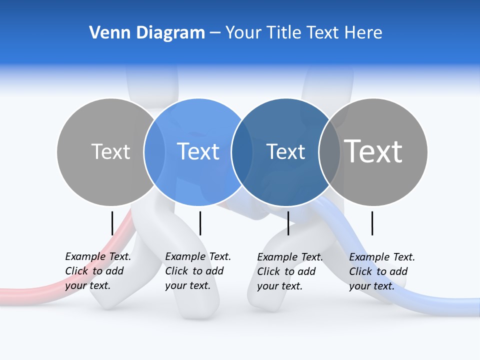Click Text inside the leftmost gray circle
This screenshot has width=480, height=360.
pos(110,151)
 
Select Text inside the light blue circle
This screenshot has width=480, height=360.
pos(198,151)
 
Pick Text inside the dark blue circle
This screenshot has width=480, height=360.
pos(285,151)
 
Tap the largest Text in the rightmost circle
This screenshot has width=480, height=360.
pos(373,151)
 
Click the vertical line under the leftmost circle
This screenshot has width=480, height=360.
pos(112,223)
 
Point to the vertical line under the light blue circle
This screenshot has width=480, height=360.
pos(200,223)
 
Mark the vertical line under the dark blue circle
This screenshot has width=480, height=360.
pos(288,223)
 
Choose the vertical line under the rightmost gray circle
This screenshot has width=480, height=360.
pos(372,223)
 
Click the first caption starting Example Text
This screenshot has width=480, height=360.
pos(98,271)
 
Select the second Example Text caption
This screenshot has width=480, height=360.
pos(198,271)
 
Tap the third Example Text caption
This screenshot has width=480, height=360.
pos(290,271)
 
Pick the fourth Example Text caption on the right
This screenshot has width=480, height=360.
pos(382,271)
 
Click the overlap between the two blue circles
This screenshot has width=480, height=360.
pos(242,152)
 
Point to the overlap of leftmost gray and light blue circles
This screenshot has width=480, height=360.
pos(154,152)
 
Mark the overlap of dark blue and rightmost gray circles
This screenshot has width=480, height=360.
pos(329,152)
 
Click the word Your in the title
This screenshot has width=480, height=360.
pos(243,33)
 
